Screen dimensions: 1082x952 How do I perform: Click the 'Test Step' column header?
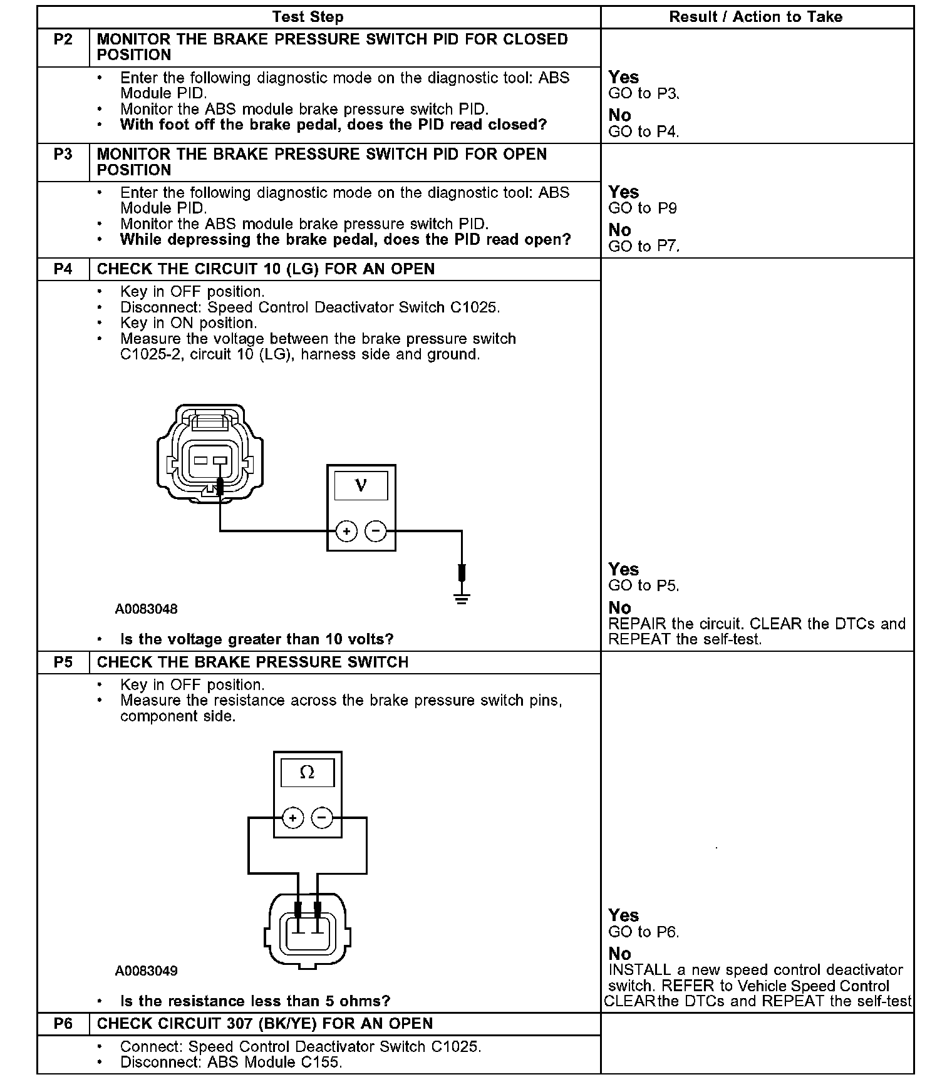308,18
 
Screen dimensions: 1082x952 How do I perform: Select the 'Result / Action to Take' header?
756,18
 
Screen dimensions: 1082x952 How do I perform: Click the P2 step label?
63,40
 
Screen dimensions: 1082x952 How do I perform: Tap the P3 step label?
63,155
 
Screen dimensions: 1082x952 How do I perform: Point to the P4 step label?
63,269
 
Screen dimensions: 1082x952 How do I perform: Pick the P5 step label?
63,662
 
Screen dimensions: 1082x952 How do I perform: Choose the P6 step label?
63,1024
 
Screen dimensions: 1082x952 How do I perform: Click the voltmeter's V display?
361,485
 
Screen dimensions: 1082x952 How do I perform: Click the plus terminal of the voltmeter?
346,532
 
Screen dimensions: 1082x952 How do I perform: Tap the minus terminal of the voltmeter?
376,532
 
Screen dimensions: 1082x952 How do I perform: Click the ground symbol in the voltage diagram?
462,598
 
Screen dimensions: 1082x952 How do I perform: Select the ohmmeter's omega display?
307,773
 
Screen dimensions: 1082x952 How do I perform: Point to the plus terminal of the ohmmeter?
292,818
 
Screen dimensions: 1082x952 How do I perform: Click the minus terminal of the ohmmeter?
322,818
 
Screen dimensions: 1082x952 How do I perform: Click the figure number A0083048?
146,609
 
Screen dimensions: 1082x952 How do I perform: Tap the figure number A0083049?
146,971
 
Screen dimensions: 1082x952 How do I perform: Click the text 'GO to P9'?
643,209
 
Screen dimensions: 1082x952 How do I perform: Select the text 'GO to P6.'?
644,932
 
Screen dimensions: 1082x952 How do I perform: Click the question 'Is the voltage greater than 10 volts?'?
257,639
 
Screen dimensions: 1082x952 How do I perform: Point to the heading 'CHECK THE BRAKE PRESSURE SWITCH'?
252,662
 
